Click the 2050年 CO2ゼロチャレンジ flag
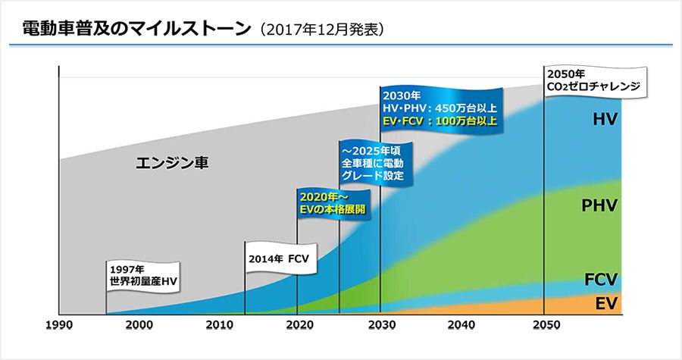coord(593,80)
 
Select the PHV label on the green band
coord(600,205)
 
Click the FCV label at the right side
coord(600,279)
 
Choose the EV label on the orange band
coord(604,304)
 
